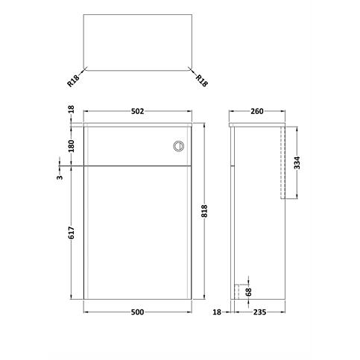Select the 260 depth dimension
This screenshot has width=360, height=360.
coord(258,111)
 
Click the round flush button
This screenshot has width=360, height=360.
coord(177,146)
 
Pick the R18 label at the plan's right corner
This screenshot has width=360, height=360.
coord(201,79)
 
